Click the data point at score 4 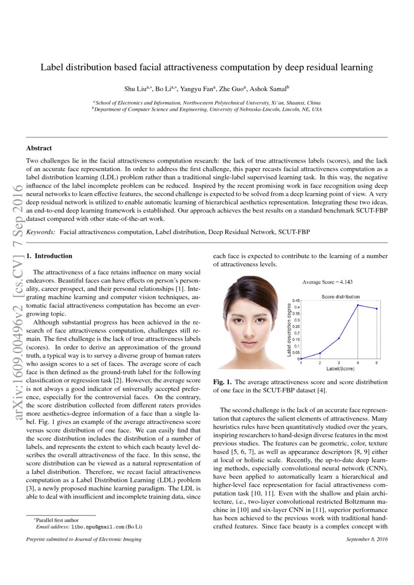click(x=358, y=305)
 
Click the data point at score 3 click(x=339, y=338)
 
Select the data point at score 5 click(x=377, y=309)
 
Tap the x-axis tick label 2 click(x=320, y=363)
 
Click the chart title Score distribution click(x=340, y=296)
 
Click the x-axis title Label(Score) click(x=339, y=369)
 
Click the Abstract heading click(x=39, y=148)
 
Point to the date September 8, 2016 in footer click(x=366, y=539)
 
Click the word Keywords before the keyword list click(x=41, y=233)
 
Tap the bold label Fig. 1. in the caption click(x=222, y=382)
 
